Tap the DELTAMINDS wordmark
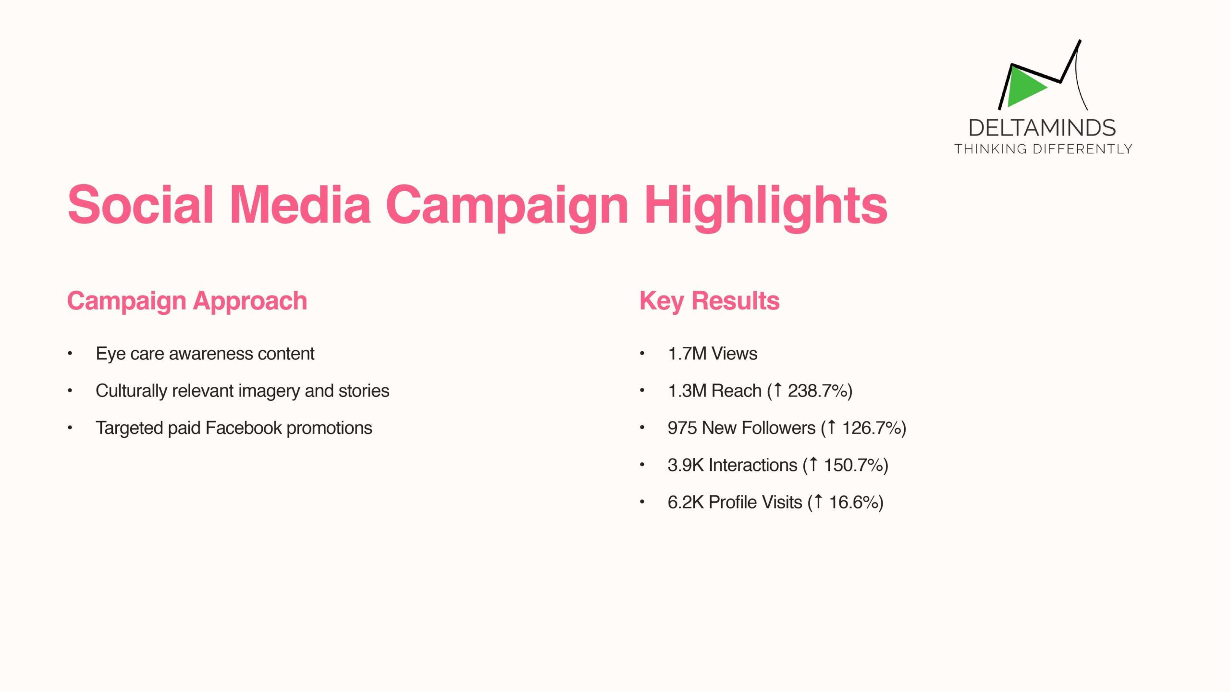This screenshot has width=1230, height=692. click(1042, 128)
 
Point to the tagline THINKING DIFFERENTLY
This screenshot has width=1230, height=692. click(1043, 149)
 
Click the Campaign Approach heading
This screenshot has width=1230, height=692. click(187, 301)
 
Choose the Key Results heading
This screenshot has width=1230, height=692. click(709, 301)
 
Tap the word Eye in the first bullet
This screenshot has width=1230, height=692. click(111, 354)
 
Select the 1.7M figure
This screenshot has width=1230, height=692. click(687, 354)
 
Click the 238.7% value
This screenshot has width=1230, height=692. click(817, 391)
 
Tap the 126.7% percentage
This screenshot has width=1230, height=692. click(871, 428)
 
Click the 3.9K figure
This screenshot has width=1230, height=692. click(686, 465)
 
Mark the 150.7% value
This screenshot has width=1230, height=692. click(853, 465)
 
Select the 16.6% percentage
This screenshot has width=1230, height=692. click(853, 502)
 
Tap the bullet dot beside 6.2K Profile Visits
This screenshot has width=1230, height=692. click(642, 502)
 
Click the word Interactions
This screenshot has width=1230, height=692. click(753, 465)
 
